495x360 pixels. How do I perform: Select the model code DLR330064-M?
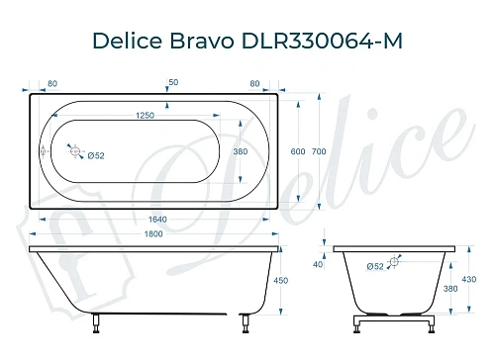pos(320,41)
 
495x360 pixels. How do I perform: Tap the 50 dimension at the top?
pos(173,80)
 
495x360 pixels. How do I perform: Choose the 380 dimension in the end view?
pos(449,289)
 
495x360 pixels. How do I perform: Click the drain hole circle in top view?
pos(71,150)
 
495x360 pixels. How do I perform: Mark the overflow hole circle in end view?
pos(393,262)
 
